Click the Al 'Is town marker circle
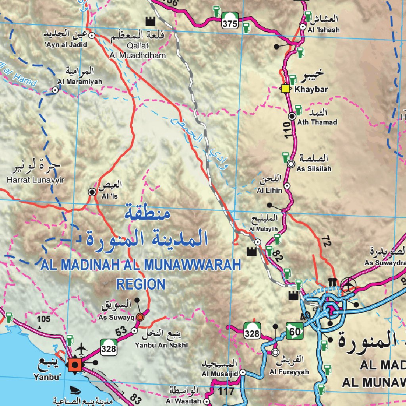point(92,192)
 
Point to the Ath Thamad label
point(317,122)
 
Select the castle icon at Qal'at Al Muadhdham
point(149,21)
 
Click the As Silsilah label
point(314,169)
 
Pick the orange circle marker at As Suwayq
point(140,317)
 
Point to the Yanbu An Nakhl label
point(156,345)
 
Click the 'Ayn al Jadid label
point(66,45)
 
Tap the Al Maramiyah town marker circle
point(56,90)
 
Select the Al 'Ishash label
point(324,30)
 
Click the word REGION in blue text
point(140,284)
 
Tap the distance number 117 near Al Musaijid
point(226,391)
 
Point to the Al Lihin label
point(270,190)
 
